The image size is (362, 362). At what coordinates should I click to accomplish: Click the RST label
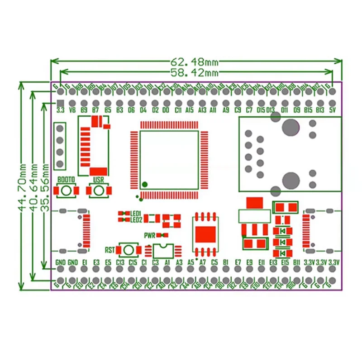coord(110,250)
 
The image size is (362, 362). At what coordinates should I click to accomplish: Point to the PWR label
coord(150,235)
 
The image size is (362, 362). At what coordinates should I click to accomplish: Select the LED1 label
coord(136,214)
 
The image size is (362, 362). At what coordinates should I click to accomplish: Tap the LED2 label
coord(136,220)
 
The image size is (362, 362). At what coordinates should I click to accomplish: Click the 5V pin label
coord(332,110)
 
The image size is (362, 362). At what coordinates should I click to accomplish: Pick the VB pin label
coord(72,110)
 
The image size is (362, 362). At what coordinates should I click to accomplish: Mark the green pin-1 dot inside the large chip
coord(145,184)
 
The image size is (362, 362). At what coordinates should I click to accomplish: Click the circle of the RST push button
coord(128,250)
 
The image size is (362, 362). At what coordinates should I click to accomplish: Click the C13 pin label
coord(120,262)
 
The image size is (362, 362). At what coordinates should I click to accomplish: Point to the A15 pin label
coord(190,110)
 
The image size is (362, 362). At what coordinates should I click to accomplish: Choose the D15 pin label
coord(261,110)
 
